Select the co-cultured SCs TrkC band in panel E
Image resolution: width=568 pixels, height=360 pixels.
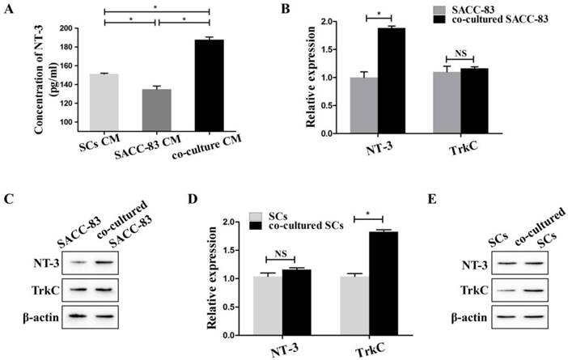point(536,286)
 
